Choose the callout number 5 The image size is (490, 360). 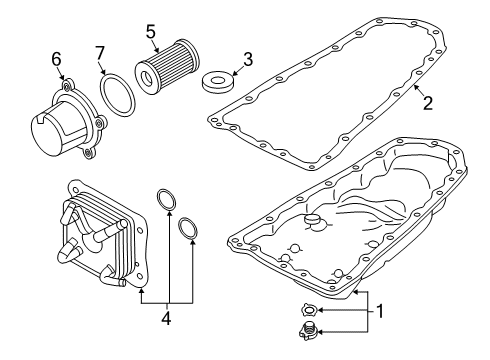point(151,30)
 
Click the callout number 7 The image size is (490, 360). point(100,51)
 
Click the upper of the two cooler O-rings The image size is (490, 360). point(166,200)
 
